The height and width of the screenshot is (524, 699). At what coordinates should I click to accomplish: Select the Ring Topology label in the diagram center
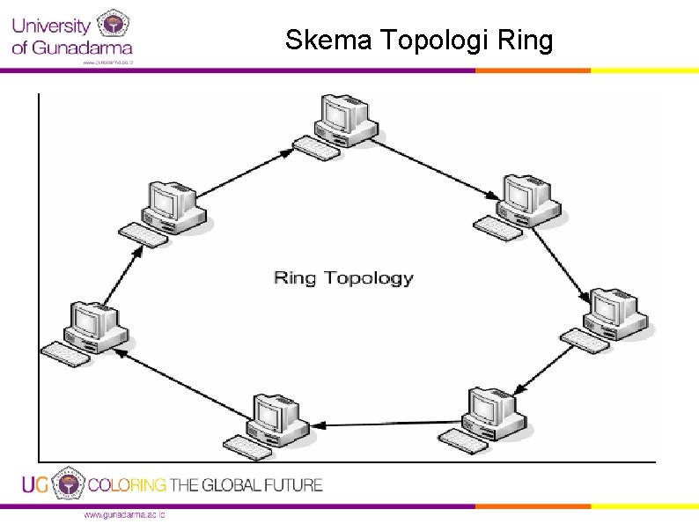(343, 278)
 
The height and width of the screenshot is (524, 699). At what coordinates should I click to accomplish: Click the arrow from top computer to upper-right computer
(437, 167)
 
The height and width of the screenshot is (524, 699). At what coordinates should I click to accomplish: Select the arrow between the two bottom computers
(387, 418)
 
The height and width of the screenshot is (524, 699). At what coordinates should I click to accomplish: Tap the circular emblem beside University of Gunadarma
(112, 26)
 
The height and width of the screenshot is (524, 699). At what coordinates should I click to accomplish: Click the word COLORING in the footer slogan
(127, 484)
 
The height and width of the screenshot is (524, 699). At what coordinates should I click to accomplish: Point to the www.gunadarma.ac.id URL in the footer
(124, 515)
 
